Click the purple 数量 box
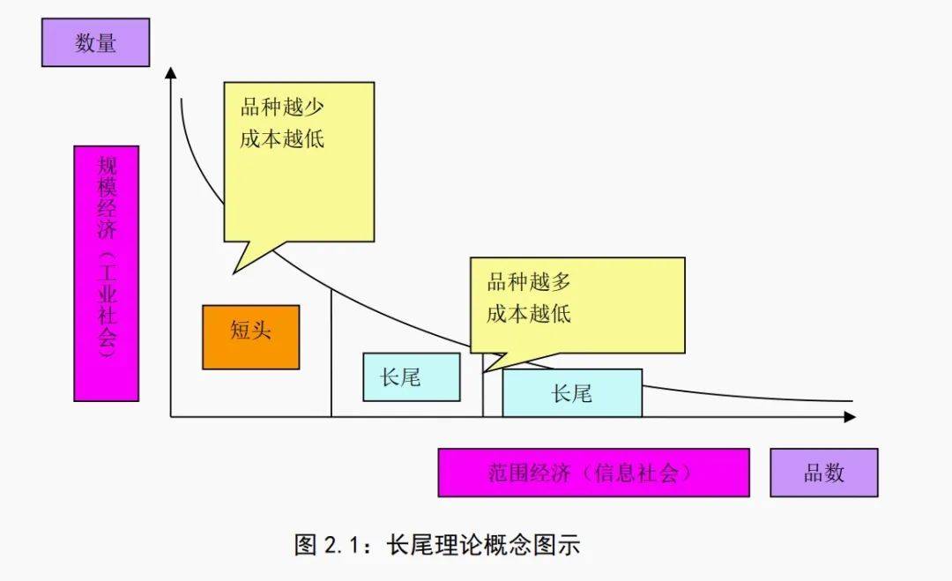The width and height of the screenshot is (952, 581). (x=95, y=42)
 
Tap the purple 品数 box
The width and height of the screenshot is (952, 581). (x=823, y=473)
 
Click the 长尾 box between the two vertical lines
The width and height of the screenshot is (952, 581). (x=411, y=377)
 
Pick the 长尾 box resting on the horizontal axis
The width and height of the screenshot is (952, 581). (x=571, y=393)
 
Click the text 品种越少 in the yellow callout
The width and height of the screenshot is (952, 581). (x=282, y=108)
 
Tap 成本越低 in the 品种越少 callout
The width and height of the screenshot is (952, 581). (x=282, y=139)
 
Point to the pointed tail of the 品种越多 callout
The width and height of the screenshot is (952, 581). (x=488, y=369)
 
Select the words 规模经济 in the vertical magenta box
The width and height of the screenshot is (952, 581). (x=107, y=203)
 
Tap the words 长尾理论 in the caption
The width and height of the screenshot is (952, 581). (x=429, y=545)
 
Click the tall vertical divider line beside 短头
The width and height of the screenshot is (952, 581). (x=331, y=353)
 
